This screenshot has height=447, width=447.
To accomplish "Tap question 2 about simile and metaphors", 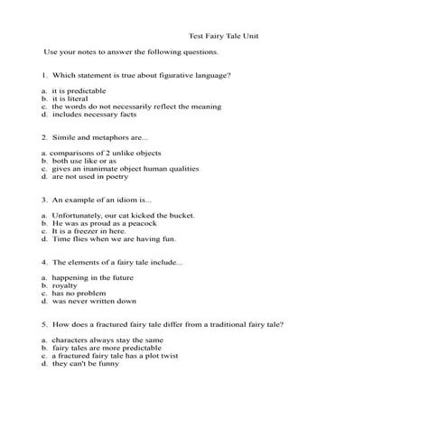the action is pyautogui.click(x=95, y=137).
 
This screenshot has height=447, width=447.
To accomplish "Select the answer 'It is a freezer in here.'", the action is pyautogui.click(x=95, y=232).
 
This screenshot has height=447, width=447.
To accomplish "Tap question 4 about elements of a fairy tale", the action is pyautogui.click(x=112, y=263).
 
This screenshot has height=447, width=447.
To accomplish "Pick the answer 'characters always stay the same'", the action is pyautogui.click(x=108, y=340).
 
